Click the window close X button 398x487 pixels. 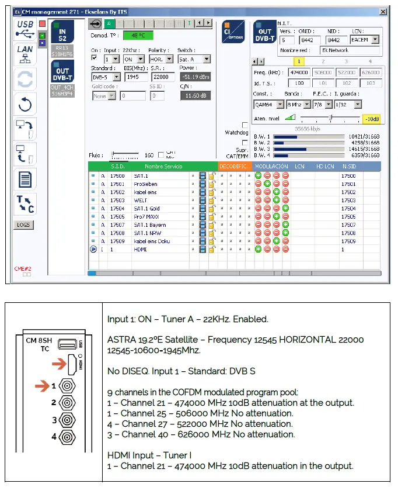383,12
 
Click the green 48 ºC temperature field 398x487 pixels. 138,35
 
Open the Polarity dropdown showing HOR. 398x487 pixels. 160,59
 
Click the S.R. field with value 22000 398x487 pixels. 163,77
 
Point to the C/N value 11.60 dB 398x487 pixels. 195,95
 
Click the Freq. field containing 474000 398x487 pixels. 299,72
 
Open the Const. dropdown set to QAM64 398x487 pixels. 268,104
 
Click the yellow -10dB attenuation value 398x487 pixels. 371,119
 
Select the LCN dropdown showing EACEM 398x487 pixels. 365,40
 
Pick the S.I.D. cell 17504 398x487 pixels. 117,208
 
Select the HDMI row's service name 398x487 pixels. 141,249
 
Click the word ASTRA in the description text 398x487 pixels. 122,340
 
